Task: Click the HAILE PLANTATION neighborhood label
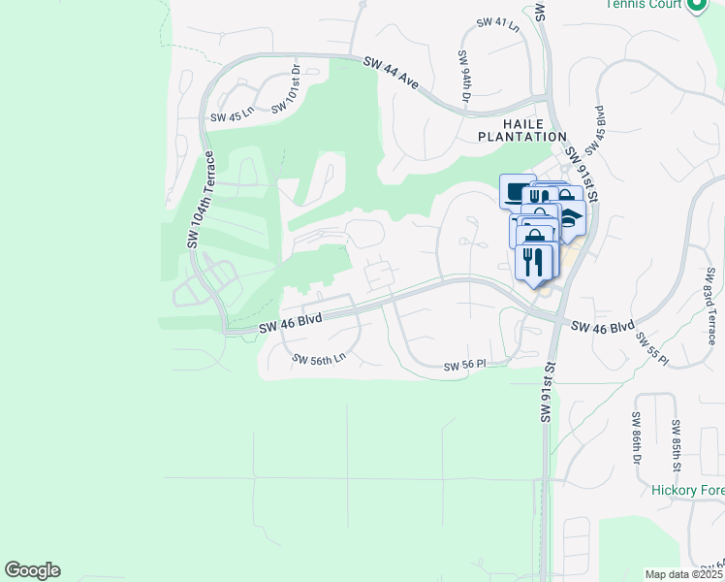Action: coord(520,130)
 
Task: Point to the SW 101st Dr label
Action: coord(287,90)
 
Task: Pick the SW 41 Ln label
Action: coord(498,23)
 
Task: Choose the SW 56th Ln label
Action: coord(319,360)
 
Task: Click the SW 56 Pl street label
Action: coord(463,366)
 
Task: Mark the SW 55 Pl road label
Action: coord(651,349)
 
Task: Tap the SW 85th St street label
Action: coord(676,440)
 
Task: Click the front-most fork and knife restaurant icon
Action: coord(533,263)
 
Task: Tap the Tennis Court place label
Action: coord(644,4)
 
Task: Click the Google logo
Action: coord(33,570)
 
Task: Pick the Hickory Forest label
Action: coord(687,491)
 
